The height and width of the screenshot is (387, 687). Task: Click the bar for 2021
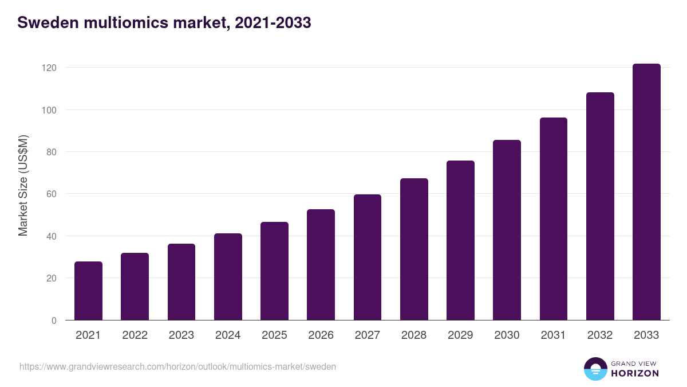coord(88,291)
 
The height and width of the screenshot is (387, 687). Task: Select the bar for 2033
coord(646,192)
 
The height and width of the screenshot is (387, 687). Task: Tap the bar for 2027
coord(368,257)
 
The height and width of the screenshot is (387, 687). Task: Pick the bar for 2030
coord(507,230)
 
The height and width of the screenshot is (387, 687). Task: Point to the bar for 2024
coord(228,277)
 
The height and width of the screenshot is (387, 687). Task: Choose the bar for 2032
coord(600,206)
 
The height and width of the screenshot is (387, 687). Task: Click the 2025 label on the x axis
coord(274,335)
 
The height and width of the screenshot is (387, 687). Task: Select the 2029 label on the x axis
coord(460,335)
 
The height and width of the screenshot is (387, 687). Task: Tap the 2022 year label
coord(135,335)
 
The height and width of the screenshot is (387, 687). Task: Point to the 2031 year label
coord(554,335)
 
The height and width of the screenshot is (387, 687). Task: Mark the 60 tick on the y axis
coord(52,194)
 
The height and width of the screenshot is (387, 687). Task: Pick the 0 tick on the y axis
coord(54,320)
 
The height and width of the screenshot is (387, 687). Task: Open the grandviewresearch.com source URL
coord(177,366)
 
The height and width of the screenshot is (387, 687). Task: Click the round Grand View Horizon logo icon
coord(595,369)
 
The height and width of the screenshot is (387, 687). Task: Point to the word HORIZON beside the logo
coord(635,373)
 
